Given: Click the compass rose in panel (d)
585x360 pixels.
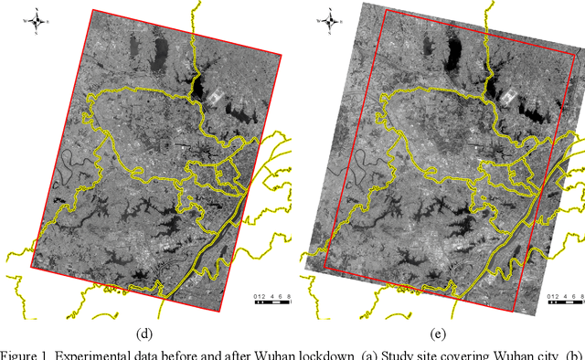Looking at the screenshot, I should tap(37, 19).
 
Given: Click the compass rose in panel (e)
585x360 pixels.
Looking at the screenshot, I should tap(329, 19).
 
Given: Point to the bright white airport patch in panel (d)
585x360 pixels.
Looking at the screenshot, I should tap(215, 94).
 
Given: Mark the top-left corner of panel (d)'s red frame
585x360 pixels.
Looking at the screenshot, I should tap(90, 10).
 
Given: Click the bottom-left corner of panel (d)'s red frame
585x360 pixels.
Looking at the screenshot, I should tap(31, 267).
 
